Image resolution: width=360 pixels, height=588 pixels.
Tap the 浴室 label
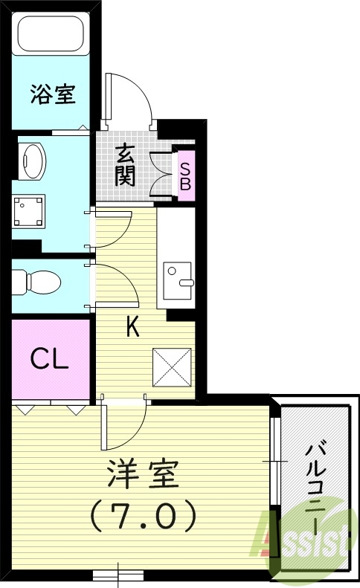point(51,94)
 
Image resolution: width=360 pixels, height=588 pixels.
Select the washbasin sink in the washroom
point(33,158)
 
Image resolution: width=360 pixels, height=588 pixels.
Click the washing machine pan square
point(30,210)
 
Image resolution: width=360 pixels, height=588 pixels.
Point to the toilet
point(37,281)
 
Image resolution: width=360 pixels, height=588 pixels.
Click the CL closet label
point(49,358)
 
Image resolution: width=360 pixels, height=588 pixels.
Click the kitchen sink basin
point(177,274)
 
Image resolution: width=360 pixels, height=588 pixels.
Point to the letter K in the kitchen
point(132,328)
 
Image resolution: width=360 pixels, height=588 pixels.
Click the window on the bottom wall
point(119,574)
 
